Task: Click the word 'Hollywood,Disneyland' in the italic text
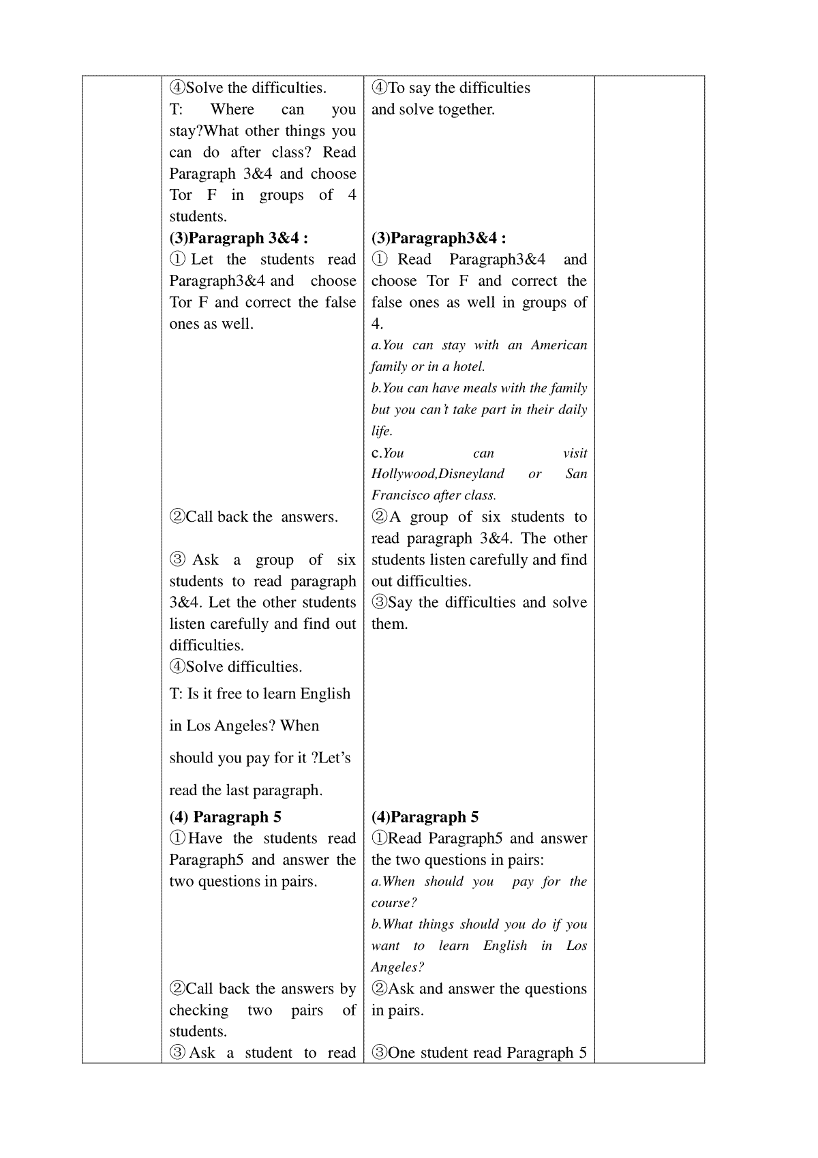(438, 474)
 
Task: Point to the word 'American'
(559, 345)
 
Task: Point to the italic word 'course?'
(394, 903)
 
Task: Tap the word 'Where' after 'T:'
(232, 109)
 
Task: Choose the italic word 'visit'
(575, 453)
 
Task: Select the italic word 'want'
(385, 946)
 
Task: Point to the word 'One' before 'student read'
(402, 1053)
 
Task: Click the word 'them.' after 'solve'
(389, 624)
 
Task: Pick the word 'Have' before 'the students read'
(205, 839)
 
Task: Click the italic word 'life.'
(382, 431)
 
